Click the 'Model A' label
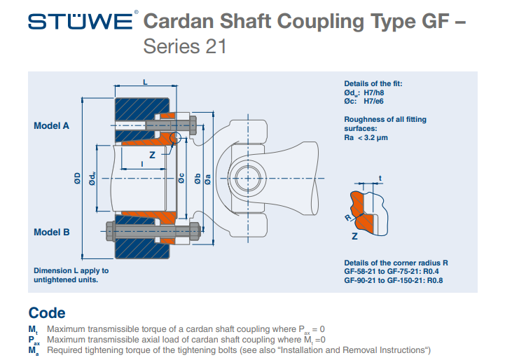[x=51, y=127]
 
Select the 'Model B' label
[x=51, y=233]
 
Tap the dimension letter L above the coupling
[x=145, y=83]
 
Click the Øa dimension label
[x=208, y=179]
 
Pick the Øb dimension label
[x=198, y=179]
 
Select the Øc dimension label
[x=181, y=179]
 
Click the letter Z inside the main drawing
[x=151, y=154]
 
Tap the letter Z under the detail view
[x=355, y=237]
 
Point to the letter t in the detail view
[x=380, y=177]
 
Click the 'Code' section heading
[x=47, y=313]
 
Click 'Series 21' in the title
[x=184, y=47]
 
